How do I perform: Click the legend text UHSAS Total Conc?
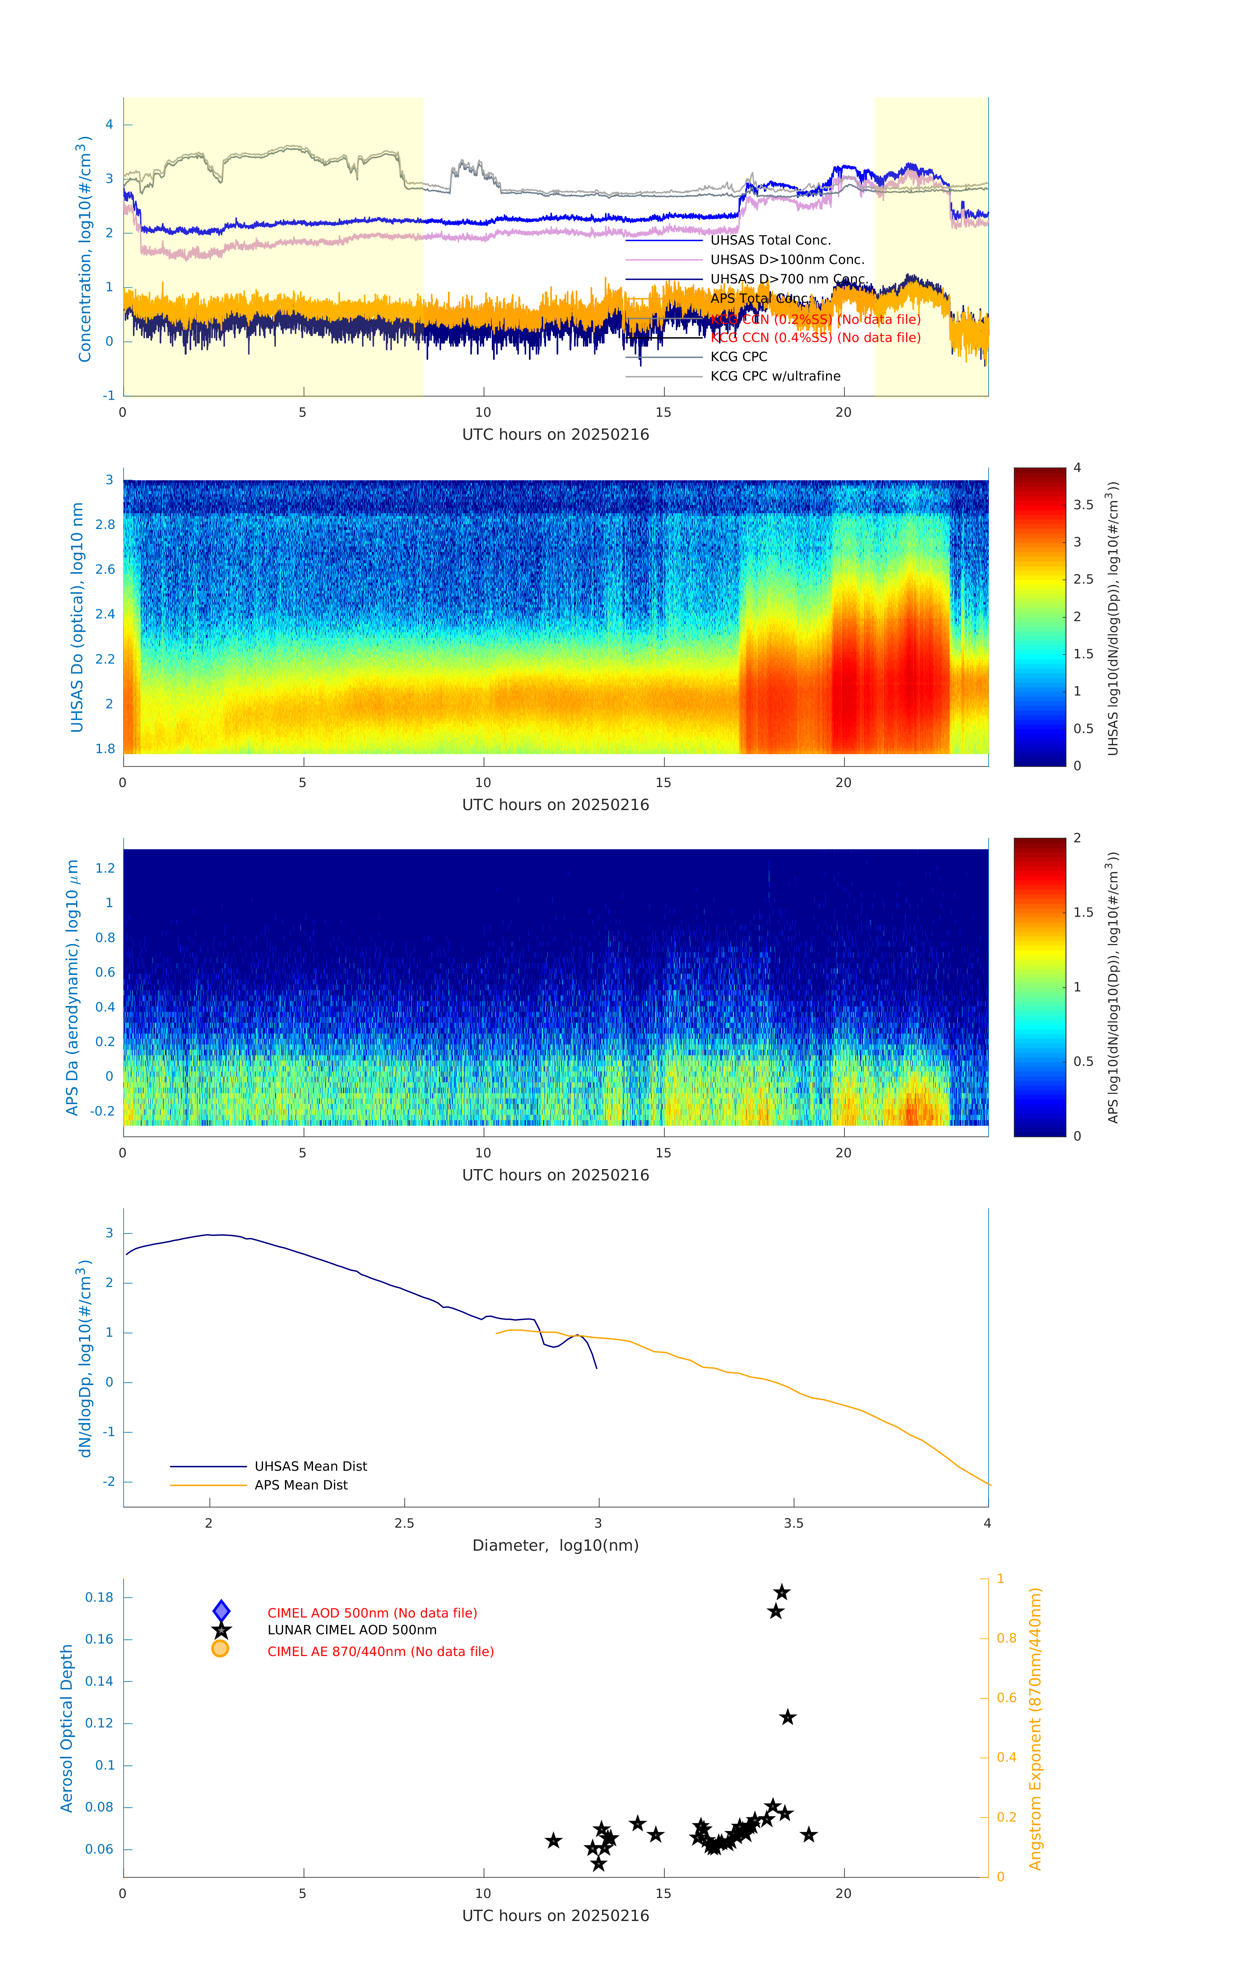tap(770, 240)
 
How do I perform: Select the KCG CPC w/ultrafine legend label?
tap(775, 377)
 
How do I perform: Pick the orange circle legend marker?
tap(220, 1648)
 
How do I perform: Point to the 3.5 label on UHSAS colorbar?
tap(1084, 505)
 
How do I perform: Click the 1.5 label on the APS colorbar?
tap(1084, 912)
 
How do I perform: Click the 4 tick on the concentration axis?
tap(109, 125)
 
